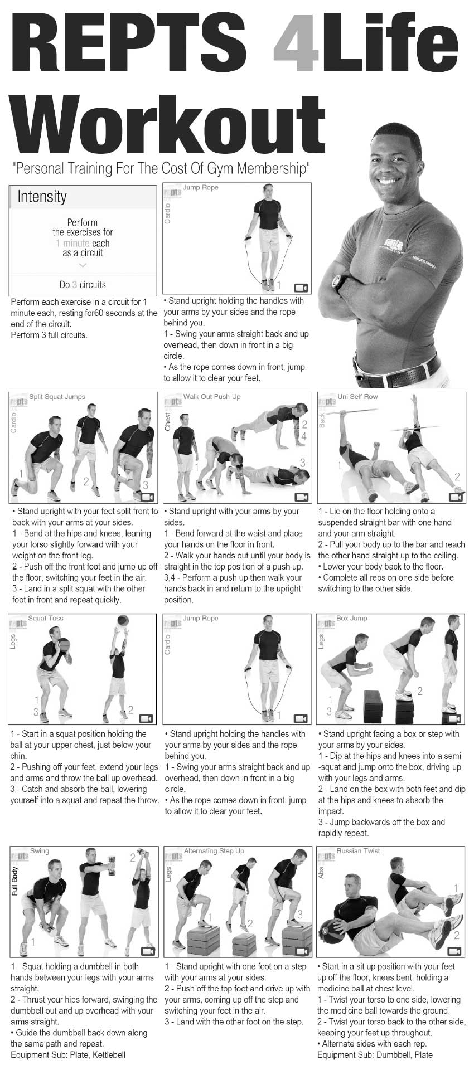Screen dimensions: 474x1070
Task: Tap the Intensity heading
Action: pos(42,197)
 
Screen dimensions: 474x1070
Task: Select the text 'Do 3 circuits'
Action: pos(83,285)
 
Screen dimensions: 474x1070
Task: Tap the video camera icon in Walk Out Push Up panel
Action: pos(301,497)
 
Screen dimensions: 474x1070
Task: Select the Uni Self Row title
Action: pos(357,397)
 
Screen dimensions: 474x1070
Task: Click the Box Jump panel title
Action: pos(351,619)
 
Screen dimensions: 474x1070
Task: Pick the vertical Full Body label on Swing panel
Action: pos(15,881)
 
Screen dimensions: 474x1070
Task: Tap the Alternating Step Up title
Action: pos(214,851)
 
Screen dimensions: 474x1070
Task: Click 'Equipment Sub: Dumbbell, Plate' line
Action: pos(375,1054)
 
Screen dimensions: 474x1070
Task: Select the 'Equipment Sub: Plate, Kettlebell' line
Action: pos(68,1054)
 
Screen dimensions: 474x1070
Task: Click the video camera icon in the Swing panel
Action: pos(147,951)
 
